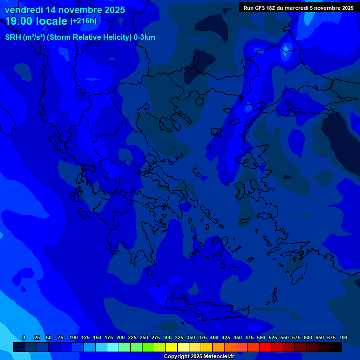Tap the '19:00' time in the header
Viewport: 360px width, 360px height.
(x=19, y=21)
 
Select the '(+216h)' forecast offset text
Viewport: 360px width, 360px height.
(x=83, y=21)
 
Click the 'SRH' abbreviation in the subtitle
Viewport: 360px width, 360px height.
(x=14, y=37)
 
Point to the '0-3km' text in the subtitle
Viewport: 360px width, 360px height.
(x=144, y=37)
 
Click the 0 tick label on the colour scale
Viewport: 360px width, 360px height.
(x=24, y=337)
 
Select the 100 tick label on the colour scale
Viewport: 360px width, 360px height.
(x=74, y=337)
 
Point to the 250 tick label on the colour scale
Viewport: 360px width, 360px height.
(x=144, y=337)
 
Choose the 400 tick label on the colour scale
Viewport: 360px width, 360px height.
(x=214, y=337)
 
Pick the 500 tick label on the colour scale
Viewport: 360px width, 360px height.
(x=261, y=337)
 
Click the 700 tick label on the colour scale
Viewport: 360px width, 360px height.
(x=343, y=337)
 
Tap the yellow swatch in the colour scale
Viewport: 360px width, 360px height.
(x=172, y=347)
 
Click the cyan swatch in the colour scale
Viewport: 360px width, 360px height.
(x=113, y=347)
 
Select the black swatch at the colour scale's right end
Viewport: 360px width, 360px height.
(x=336, y=347)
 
